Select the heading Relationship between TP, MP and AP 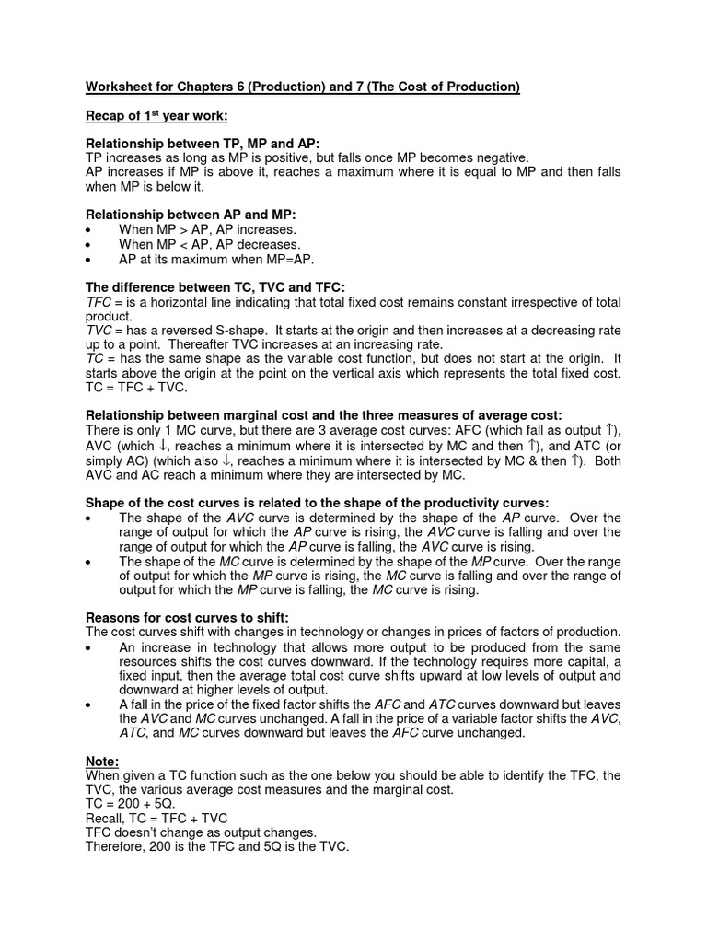point(203,144)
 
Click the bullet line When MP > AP point(209,229)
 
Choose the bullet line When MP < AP point(209,244)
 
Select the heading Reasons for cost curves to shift point(193,617)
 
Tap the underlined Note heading point(102,763)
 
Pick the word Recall point(106,819)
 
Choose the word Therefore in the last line point(117,847)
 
